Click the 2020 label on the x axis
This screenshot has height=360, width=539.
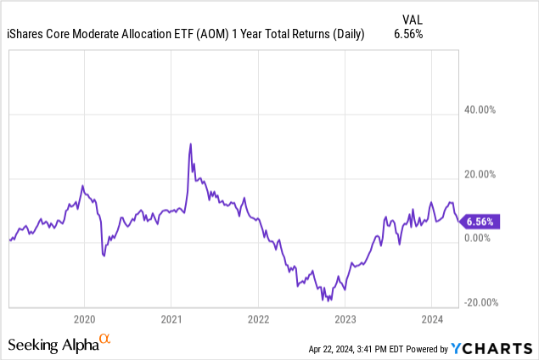coord(84,319)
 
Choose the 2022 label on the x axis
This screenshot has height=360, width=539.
coord(258,319)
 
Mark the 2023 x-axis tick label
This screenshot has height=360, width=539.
coord(345,319)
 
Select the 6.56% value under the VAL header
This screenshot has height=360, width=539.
coord(408,35)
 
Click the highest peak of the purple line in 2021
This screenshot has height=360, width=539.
coord(190,143)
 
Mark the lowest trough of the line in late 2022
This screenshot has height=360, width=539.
coord(323,300)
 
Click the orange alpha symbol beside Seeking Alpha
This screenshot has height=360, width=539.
coord(105,340)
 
